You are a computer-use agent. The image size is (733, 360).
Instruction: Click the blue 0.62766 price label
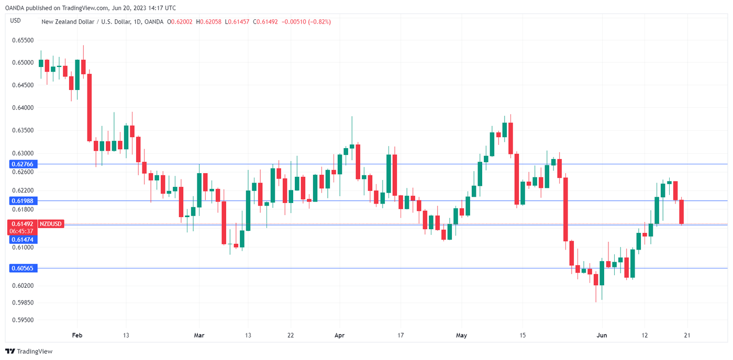(23, 164)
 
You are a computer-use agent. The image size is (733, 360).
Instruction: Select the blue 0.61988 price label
(23, 201)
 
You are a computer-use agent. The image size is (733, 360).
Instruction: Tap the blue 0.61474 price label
(23, 239)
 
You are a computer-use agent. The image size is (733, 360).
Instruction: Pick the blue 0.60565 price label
(23, 268)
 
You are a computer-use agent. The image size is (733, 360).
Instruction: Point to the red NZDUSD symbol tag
(51, 224)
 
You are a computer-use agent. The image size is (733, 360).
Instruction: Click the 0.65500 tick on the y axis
(23, 40)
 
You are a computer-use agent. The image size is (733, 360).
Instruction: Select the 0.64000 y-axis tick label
(23, 108)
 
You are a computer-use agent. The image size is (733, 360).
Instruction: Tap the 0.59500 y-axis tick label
(23, 320)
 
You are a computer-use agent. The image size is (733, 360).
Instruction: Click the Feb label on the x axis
(77, 335)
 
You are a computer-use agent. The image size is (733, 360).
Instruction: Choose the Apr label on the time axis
(339, 335)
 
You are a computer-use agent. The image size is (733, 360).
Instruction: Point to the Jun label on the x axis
(602, 335)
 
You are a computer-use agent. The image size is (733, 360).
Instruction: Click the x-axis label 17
(401, 335)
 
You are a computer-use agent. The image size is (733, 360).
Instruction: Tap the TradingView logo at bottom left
(29, 351)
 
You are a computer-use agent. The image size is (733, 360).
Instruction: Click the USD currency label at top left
(16, 21)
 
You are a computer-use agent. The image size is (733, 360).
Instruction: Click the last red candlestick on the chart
(682, 212)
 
